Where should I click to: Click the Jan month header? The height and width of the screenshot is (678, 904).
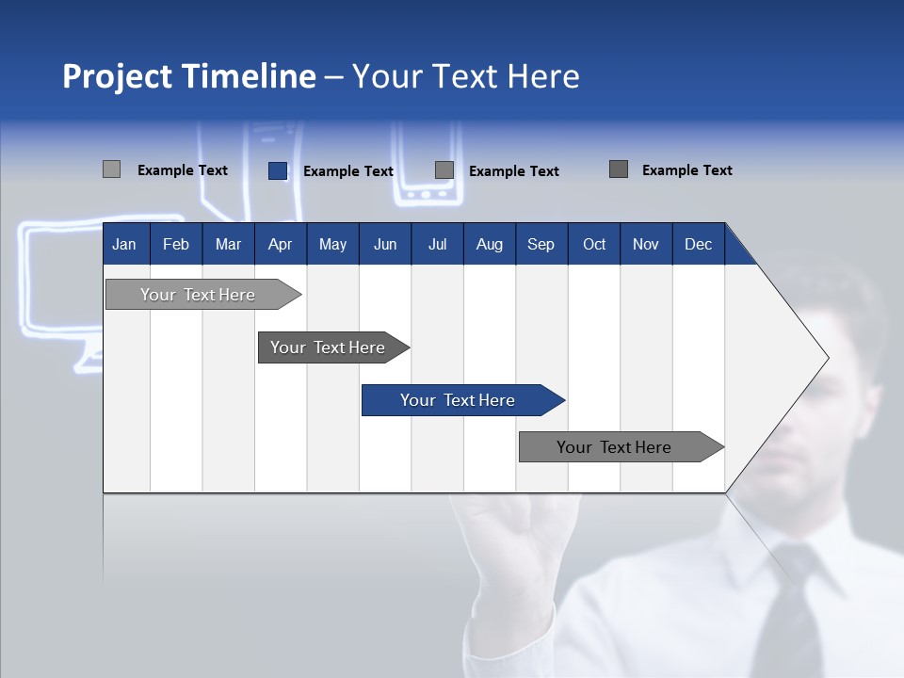[x=125, y=244]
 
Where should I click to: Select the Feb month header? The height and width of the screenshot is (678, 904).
[x=176, y=244]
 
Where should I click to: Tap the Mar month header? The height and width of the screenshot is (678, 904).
[x=228, y=244]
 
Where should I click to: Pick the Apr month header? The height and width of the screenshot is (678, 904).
[x=280, y=244]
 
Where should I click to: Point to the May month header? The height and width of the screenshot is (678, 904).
[x=332, y=244]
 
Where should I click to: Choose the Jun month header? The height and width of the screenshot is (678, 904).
[x=385, y=244]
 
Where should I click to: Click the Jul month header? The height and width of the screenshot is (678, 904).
[x=437, y=244]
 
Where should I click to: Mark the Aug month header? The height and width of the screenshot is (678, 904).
[x=489, y=244]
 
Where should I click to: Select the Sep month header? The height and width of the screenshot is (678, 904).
[x=541, y=244]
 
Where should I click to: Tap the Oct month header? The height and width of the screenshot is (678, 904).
[x=594, y=244]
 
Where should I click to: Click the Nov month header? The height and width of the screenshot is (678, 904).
[x=646, y=244]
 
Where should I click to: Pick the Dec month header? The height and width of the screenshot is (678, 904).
[x=698, y=244]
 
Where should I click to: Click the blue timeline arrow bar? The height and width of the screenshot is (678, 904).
[x=461, y=400]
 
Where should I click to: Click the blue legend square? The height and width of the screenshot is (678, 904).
[x=278, y=170]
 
